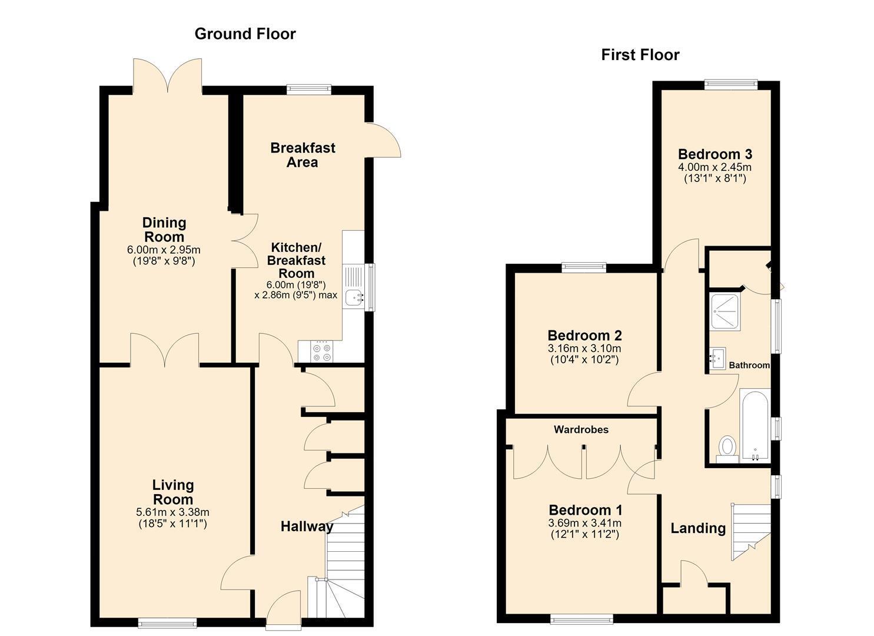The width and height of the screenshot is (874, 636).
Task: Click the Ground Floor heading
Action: (x=245, y=34)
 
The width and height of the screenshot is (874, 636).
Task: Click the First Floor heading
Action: (x=640, y=55)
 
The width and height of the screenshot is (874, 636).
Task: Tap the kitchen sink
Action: (x=354, y=297)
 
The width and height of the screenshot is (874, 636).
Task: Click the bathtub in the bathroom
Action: (x=755, y=426)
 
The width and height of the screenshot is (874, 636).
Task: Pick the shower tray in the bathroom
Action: (x=725, y=312)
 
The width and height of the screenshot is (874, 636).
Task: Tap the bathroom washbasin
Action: (x=717, y=358)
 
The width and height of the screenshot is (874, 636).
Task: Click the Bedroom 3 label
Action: (x=715, y=154)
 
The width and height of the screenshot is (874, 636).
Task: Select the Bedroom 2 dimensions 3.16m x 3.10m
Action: (x=584, y=348)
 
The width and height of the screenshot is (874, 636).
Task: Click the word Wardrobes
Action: (x=581, y=430)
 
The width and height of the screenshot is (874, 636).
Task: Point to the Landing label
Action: (x=698, y=528)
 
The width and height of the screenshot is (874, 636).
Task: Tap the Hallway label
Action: (x=307, y=526)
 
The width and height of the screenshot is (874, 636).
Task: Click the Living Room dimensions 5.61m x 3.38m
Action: (x=172, y=512)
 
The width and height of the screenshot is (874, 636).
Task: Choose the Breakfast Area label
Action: (x=303, y=155)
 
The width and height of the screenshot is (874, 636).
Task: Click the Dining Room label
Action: (x=164, y=230)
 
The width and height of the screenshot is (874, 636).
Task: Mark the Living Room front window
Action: (x=167, y=623)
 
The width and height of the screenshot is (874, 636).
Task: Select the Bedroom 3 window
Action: (x=730, y=84)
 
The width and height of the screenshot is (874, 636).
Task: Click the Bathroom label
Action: (x=749, y=366)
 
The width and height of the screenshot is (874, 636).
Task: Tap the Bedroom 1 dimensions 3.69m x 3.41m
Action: (x=584, y=523)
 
